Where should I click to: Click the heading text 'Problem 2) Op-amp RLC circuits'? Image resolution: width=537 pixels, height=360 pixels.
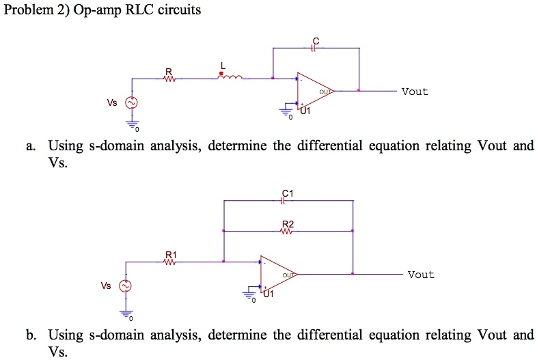pos(102,10)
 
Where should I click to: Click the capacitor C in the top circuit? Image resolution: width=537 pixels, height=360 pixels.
pos(314,48)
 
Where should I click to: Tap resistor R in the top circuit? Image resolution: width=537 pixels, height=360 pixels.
pos(169,79)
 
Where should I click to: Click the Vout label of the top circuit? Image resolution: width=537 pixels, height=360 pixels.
pos(415,92)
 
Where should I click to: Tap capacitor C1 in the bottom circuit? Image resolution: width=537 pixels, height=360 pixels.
pos(287,201)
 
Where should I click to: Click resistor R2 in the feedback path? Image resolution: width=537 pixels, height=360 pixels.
pos(287,231)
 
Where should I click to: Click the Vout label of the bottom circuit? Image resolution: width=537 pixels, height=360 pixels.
pos(420,275)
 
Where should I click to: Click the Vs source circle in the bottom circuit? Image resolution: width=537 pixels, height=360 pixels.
pos(125,286)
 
